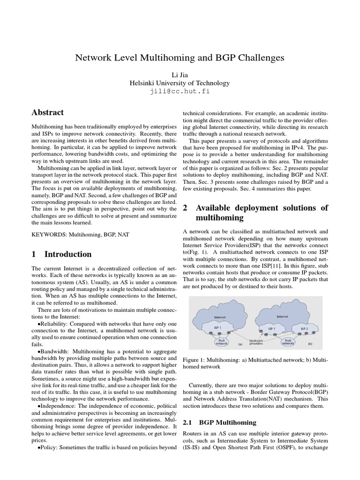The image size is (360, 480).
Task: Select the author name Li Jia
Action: pyautogui.click(x=180, y=74)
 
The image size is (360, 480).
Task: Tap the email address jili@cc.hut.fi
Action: pyautogui.click(x=180, y=91)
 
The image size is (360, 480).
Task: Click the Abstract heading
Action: pyautogui.click(x=47, y=112)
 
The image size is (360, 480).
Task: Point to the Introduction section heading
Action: pyautogui.click(x=68, y=254)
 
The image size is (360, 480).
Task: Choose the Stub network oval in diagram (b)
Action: pyautogui.click(x=288, y=341)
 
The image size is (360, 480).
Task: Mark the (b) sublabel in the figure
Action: pyautogui.click(x=309, y=344)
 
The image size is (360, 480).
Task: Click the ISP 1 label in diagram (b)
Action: pyautogui.click(x=271, y=329)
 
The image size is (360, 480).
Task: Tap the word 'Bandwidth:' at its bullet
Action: pyautogui.click(x=55, y=352)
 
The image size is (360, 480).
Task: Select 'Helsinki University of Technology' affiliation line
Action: pyautogui.click(x=180, y=83)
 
